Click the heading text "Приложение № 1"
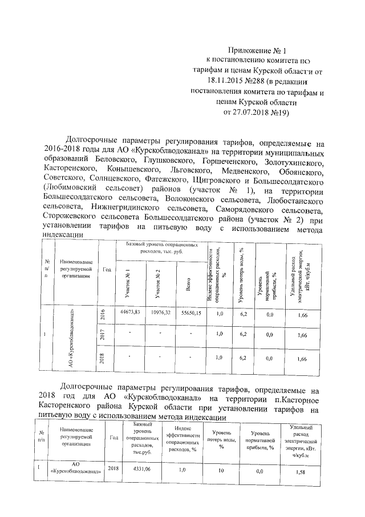pyautogui.click(x=257, y=51)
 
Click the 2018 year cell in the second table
pyautogui.click(x=113, y=468)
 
